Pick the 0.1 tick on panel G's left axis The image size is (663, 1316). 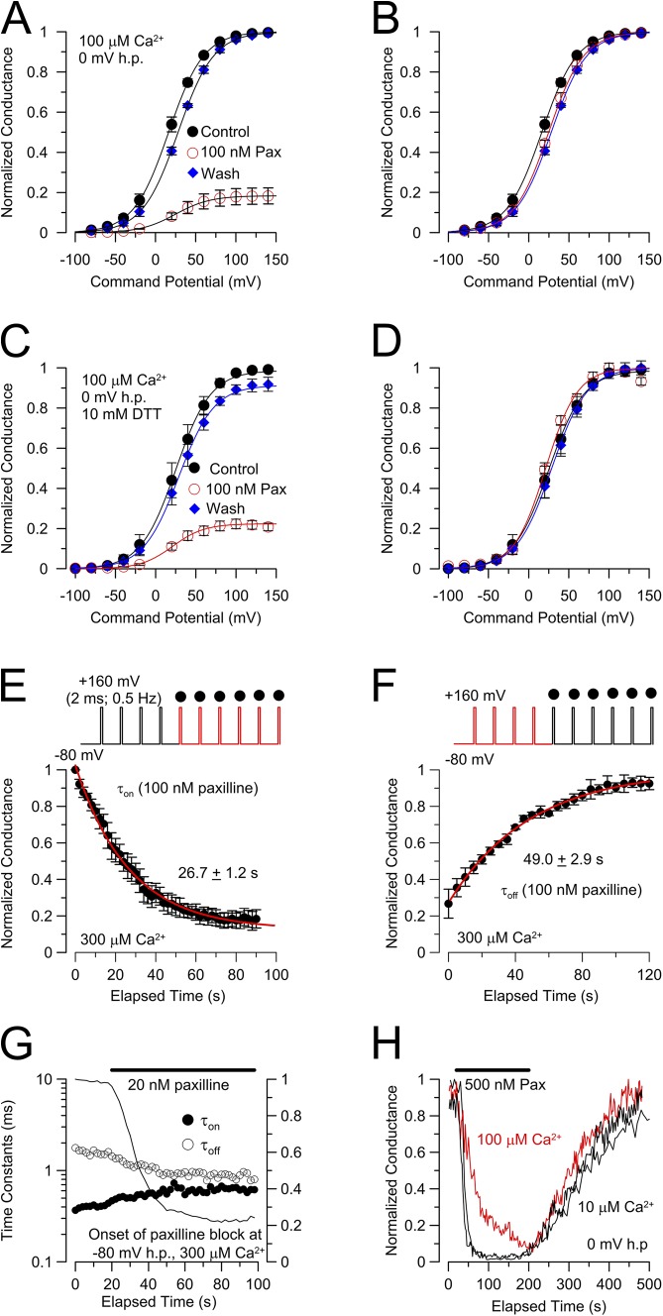tap(54, 1259)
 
